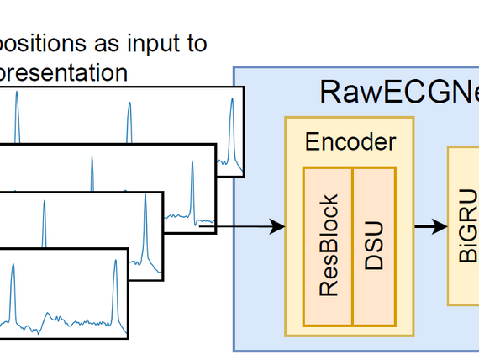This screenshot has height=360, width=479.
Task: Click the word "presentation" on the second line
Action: point(64,72)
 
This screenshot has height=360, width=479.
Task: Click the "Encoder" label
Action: point(350,141)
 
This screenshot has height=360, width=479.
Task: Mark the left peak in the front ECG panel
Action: point(13,267)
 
